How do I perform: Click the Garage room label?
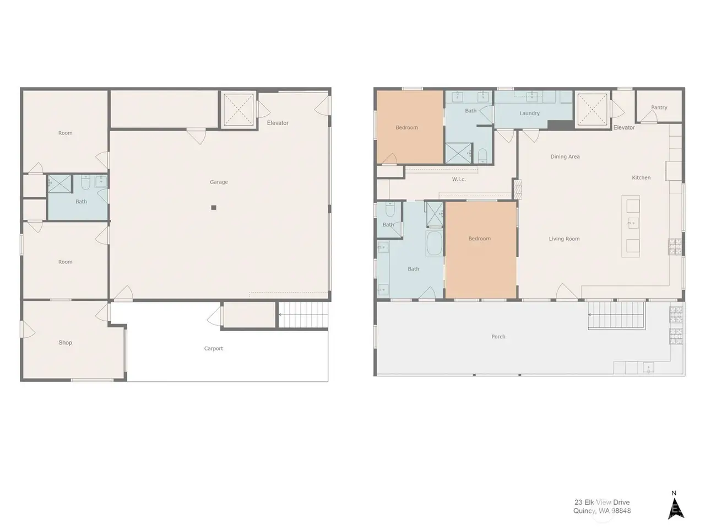[x=219, y=182]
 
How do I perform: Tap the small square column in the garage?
[x=214, y=208]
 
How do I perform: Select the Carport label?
[x=213, y=348]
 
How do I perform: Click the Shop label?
[x=65, y=342]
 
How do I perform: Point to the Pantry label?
[x=659, y=107]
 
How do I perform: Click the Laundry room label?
[x=529, y=113]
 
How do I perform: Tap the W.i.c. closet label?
[x=459, y=179]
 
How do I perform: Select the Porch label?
[x=498, y=336]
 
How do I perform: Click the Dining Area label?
[x=565, y=156]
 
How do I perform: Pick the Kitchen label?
[x=641, y=177]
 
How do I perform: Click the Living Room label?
[x=564, y=239]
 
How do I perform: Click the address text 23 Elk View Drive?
[x=602, y=502]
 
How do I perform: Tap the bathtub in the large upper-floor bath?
[x=434, y=243]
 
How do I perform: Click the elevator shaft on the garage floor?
[x=238, y=110]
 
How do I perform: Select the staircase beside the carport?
[x=303, y=315]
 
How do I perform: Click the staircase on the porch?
[x=616, y=315]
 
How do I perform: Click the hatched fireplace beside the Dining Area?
[x=517, y=189]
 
